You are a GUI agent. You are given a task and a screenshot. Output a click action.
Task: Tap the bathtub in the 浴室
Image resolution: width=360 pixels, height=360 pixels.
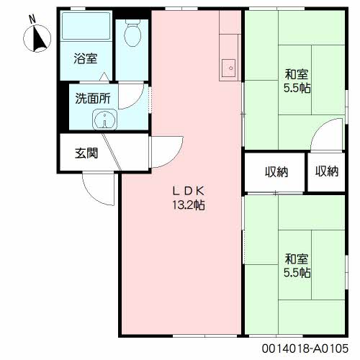[x=86, y=26]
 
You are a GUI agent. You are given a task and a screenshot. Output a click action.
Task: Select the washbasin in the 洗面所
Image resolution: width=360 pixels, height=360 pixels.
[x=105, y=120]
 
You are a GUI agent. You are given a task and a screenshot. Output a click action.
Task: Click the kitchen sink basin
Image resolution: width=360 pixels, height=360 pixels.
[x=228, y=68]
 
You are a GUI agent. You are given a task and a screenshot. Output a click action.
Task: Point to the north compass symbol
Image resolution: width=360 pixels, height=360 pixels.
[x=37, y=38]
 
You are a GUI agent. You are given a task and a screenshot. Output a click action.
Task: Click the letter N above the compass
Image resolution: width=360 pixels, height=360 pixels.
[x=32, y=19]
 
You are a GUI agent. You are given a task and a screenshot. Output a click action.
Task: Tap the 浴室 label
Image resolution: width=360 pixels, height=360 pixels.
[x=86, y=58]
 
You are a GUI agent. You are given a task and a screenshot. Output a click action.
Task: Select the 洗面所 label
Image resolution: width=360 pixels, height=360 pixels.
[x=93, y=99]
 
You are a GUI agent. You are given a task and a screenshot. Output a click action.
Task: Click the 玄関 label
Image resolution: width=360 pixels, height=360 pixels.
[x=86, y=153]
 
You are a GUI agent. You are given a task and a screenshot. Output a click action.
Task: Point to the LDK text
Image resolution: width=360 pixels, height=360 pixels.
[x=189, y=191]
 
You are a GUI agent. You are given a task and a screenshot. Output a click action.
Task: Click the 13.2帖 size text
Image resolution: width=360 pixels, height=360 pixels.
[x=189, y=205]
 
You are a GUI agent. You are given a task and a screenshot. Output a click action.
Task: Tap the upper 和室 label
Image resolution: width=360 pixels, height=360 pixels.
[x=297, y=74]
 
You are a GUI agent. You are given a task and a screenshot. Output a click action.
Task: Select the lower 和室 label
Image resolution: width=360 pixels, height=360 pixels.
[x=297, y=258]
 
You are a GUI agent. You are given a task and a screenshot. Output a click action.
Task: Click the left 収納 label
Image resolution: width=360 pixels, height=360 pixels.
[x=276, y=172]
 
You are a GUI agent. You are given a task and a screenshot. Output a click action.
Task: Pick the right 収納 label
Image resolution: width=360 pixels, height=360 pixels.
[x=327, y=171]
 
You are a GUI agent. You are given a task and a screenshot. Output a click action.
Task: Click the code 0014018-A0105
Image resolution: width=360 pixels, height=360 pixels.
[x=305, y=348]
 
